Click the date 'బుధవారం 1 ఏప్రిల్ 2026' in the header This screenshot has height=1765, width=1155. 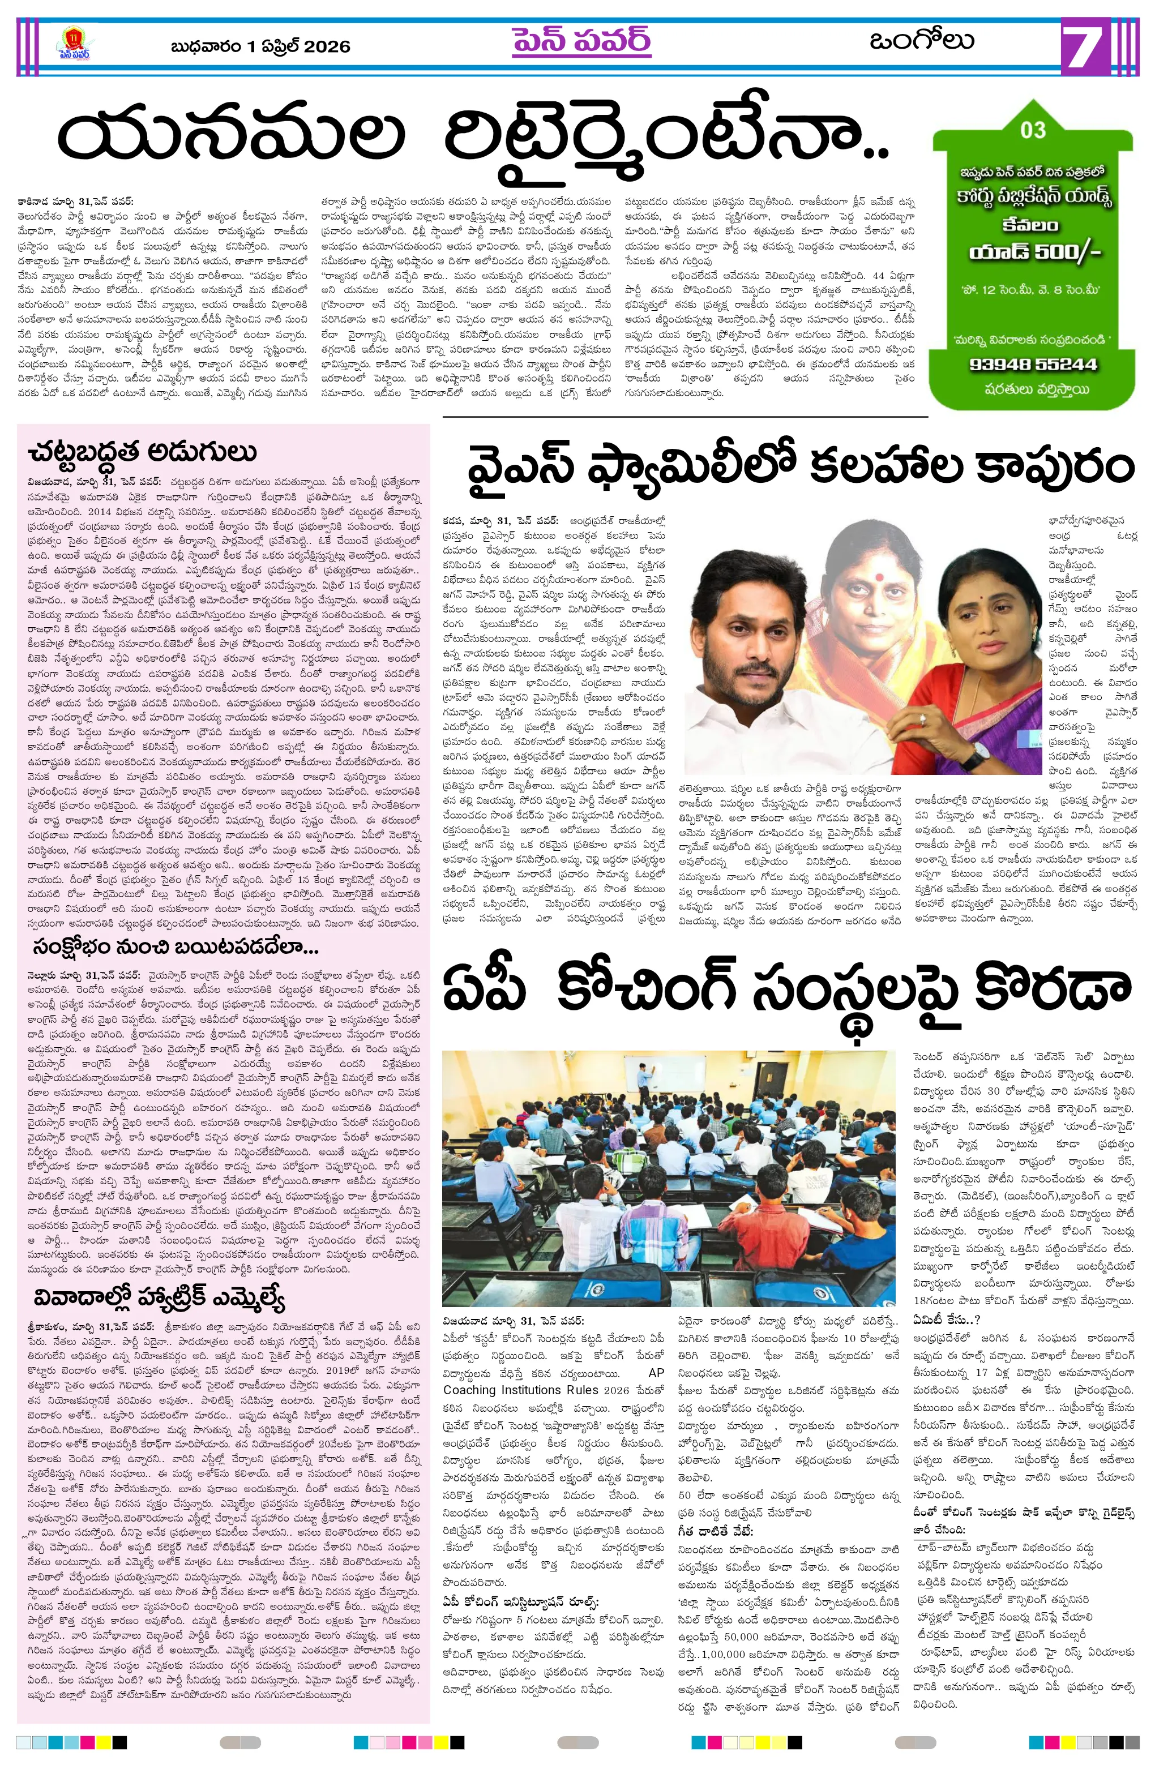click(x=260, y=46)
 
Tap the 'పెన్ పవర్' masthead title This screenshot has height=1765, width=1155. click(x=581, y=41)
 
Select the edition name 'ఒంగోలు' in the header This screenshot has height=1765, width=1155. click(x=921, y=41)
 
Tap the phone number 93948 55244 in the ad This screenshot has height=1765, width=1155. click(x=1032, y=364)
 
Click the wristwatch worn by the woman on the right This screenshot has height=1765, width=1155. click(x=976, y=755)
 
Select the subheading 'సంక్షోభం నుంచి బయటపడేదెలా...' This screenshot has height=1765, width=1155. click(x=176, y=947)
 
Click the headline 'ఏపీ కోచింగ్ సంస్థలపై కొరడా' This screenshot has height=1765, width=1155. click(x=786, y=988)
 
